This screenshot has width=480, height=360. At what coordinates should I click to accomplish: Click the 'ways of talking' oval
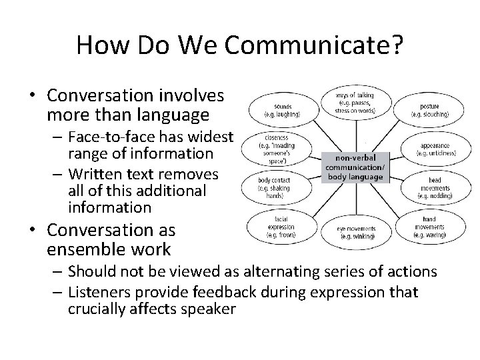coord(355,103)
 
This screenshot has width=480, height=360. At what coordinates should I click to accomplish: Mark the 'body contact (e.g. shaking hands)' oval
coord(272,187)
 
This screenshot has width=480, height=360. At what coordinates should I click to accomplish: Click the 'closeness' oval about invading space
coord(271,148)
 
